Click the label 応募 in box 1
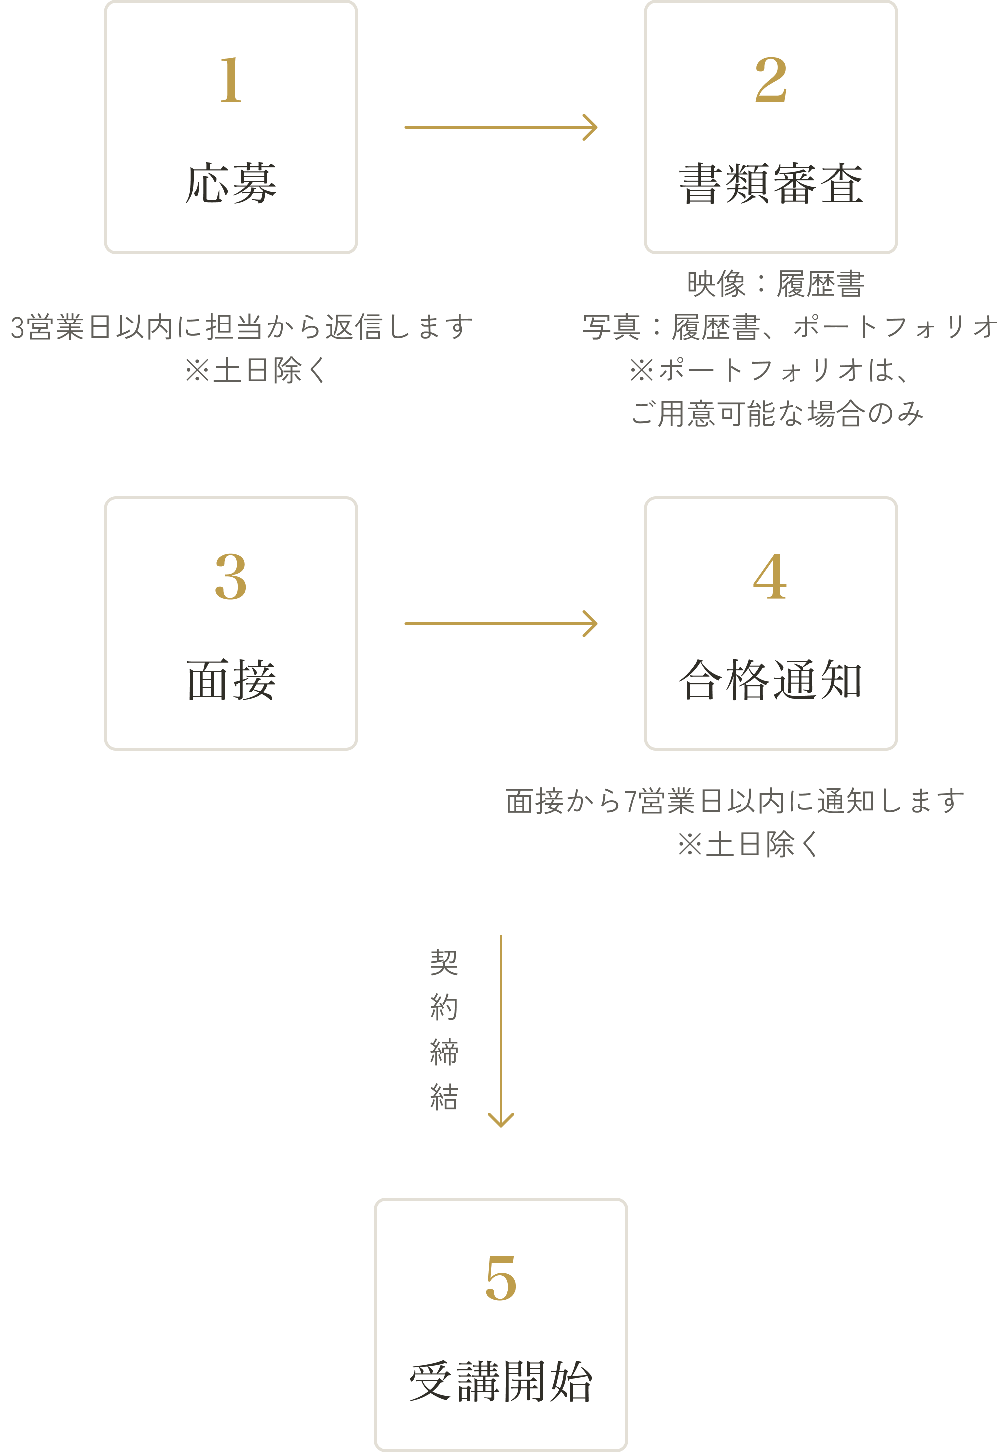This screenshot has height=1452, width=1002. point(231,184)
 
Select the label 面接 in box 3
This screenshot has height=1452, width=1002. point(231,680)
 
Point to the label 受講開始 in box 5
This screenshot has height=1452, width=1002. point(501,1382)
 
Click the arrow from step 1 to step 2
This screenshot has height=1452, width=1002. point(501,127)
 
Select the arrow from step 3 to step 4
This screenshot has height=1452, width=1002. point(501,624)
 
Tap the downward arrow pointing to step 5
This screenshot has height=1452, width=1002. point(501,1029)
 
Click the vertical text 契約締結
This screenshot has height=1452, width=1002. point(444,1029)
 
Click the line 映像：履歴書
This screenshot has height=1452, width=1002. point(776,285)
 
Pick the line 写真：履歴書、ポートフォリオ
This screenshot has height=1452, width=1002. point(789,327)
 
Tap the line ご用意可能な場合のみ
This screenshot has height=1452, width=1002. point(777,414)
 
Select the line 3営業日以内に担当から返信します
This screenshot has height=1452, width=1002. point(242,327)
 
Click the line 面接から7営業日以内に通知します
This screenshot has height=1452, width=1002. point(734,802)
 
